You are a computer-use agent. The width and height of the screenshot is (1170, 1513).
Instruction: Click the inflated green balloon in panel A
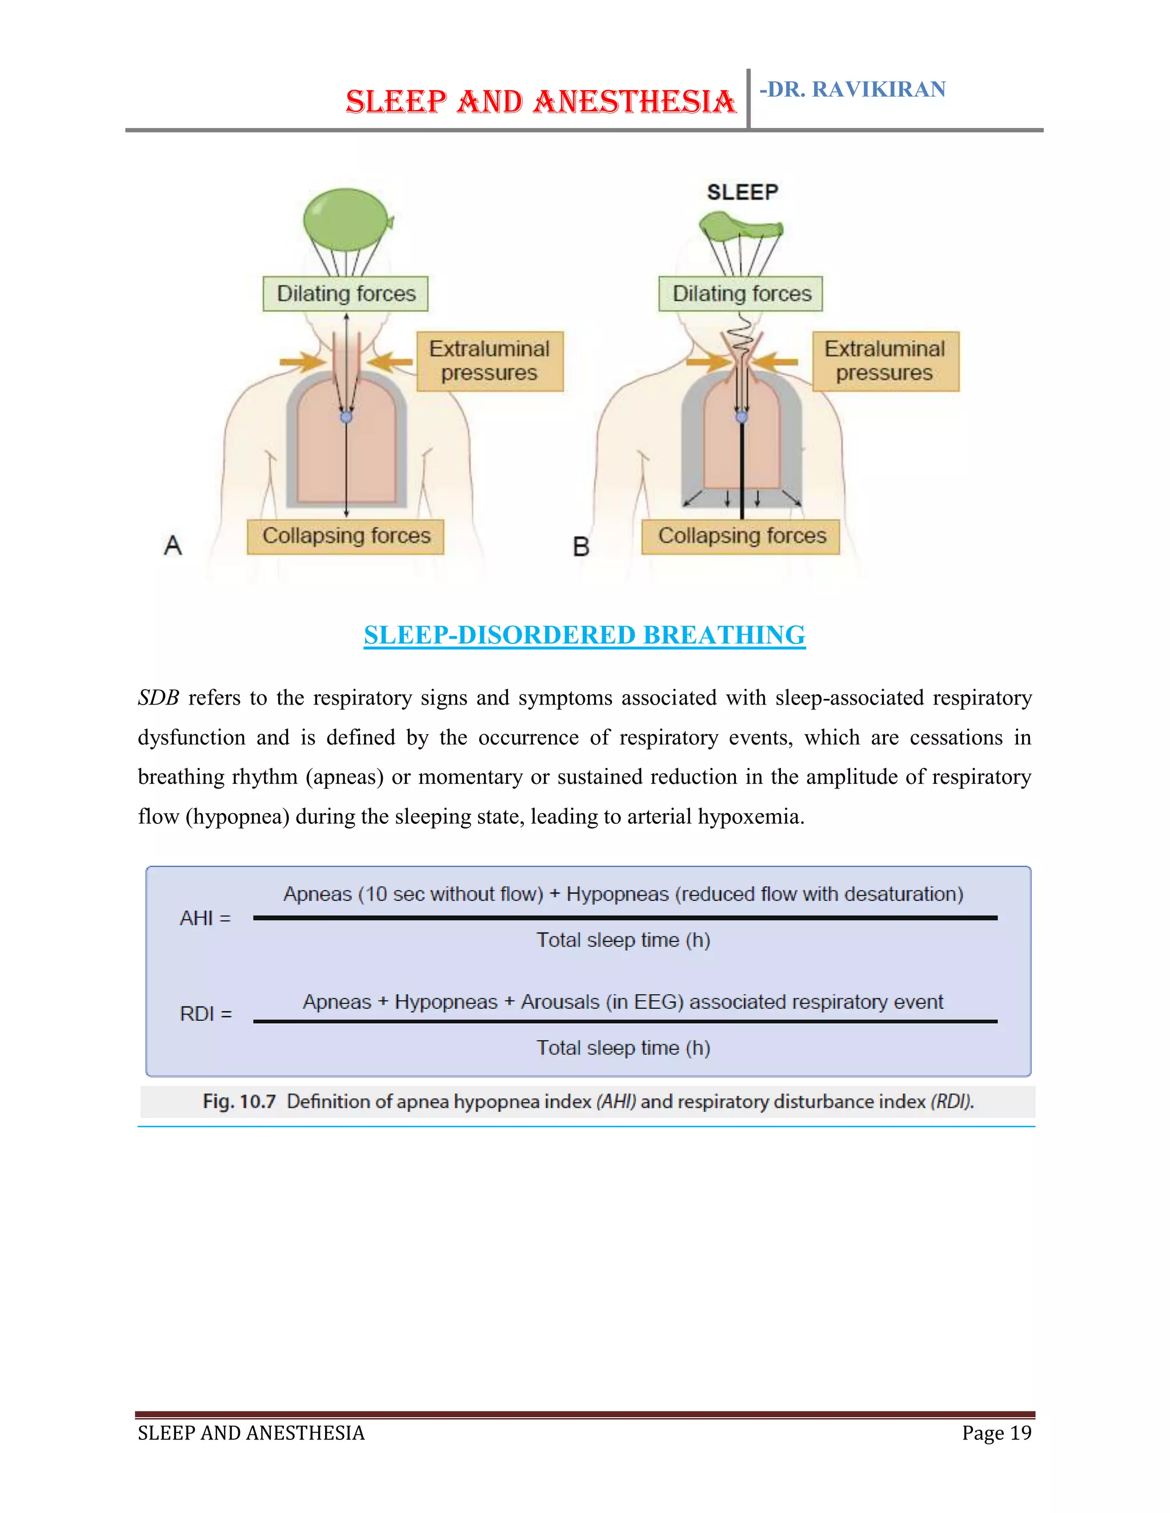[346, 219]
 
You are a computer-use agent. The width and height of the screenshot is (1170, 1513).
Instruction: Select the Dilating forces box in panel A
[346, 293]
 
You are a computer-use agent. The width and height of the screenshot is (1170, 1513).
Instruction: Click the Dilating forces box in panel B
[741, 293]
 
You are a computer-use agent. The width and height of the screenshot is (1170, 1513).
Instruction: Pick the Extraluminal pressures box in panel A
[490, 361]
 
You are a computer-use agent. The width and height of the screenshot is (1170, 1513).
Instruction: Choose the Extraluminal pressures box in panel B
[885, 361]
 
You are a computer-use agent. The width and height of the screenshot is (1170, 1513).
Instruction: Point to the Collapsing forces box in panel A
[346, 536]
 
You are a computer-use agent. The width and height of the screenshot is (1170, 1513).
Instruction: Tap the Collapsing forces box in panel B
[741, 536]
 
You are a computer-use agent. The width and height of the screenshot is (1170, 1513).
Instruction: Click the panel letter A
[173, 545]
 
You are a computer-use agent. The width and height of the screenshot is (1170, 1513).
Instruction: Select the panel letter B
[581, 548]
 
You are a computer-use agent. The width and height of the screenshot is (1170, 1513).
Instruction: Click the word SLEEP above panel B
[742, 192]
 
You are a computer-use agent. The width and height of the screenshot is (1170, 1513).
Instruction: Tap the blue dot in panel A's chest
[346, 417]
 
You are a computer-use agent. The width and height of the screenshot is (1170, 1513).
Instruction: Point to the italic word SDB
[158, 698]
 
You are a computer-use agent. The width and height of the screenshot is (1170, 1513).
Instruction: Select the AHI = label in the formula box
[205, 919]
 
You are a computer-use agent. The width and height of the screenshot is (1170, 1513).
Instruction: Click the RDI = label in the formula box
[206, 1014]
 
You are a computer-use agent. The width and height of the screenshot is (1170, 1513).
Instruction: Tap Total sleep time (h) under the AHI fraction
[623, 940]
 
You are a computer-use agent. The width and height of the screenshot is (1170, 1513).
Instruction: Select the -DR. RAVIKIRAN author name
[852, 90]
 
